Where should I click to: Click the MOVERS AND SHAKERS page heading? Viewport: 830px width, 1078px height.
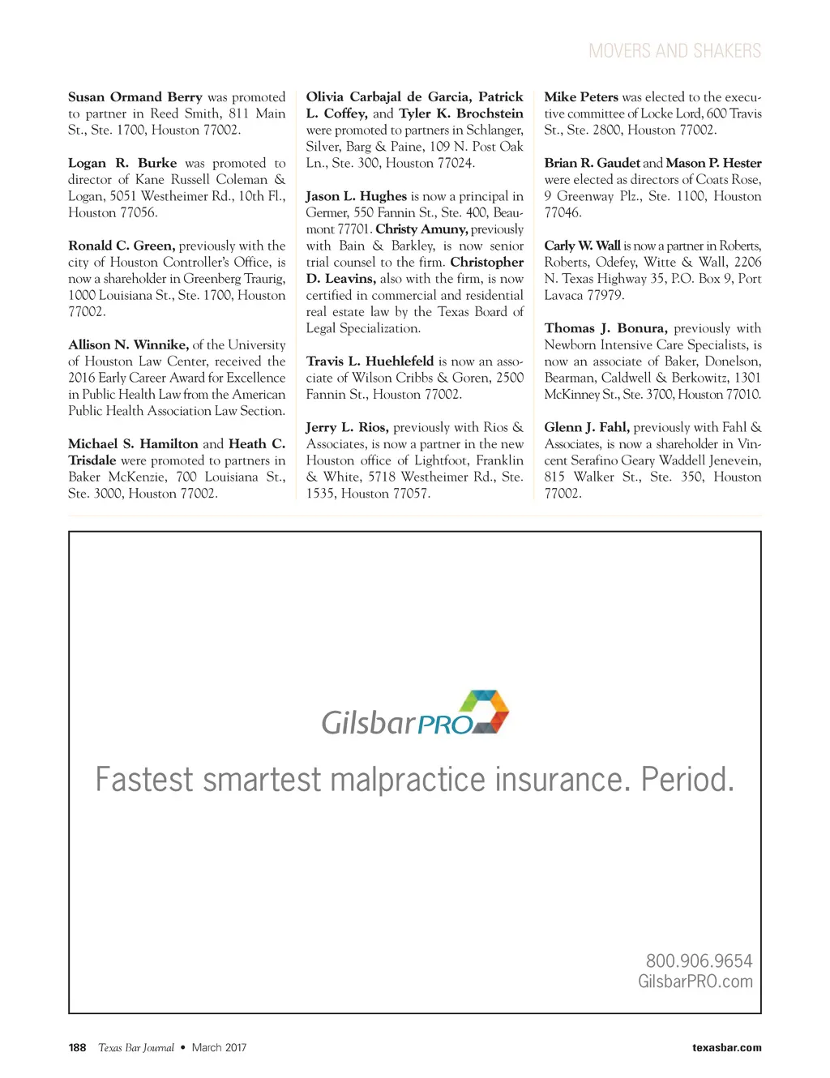674,51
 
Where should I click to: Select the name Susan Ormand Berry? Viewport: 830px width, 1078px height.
135,97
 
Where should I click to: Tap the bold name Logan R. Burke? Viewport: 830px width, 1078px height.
122,163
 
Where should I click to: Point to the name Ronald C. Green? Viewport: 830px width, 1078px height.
122,246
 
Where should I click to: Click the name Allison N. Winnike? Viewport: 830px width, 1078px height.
128,344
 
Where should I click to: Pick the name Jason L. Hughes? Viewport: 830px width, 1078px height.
356,196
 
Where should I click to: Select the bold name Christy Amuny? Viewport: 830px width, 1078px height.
421,229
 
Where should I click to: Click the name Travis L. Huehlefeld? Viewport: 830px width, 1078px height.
370,361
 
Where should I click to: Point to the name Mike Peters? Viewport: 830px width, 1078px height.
580,97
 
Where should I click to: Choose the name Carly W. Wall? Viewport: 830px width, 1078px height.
582,246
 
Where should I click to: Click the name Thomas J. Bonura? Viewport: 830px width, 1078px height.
605,328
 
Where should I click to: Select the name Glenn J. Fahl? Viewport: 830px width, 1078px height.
587,427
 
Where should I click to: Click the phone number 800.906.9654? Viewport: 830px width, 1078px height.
699,960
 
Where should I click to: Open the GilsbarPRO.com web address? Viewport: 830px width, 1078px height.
695,982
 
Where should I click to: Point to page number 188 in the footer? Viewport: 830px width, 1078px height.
77,1047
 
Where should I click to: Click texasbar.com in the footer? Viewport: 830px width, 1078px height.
726,1047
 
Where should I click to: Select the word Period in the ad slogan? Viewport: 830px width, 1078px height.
687,780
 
